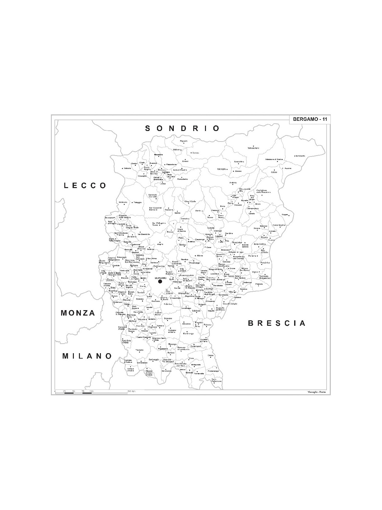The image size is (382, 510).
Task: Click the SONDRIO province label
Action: click(182, 128)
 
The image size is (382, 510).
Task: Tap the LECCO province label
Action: click(85, 186)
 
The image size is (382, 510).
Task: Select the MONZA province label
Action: click(78, 313)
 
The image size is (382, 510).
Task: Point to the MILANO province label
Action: click(87, 356)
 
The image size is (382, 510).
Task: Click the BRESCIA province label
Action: click(277, 323)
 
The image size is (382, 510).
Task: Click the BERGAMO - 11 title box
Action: click(310, 119)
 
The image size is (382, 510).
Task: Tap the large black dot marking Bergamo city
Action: click(160, 281)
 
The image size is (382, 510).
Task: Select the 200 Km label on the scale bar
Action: click(131, 391)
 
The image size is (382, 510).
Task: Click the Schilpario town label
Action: click(300, 156)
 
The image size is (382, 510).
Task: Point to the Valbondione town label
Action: click(253, 148)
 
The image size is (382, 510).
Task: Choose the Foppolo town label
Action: click(184, 141)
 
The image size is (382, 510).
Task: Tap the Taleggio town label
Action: click(138, 202)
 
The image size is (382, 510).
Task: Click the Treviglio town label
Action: click(139, 350)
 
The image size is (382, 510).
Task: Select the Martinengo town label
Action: click(188, 334)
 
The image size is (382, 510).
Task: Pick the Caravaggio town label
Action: click(154, 360)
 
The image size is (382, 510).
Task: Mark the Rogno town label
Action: click(285, 215)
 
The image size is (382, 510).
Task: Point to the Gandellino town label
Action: click(239, 162)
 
